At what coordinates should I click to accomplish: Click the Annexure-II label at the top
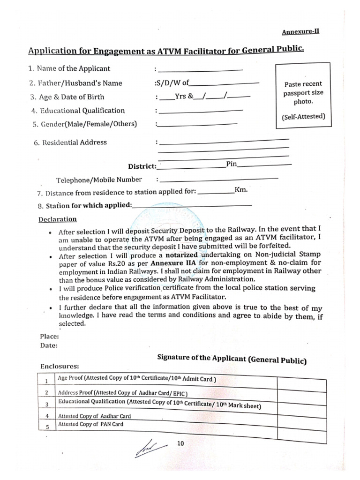click(x=300, y=32)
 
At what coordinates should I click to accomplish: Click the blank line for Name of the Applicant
click(x=200, y=69)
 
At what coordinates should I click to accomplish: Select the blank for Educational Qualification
click(x=200, y=111)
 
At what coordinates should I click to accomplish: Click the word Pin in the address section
click(x=232, y=165)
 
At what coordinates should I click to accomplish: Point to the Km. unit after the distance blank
click(x=241, y=191)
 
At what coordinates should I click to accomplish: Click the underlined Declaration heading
click(x=58, y=219)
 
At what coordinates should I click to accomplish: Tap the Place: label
click(x=49, y=337)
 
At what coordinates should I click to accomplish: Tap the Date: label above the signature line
click(x=49, y=345)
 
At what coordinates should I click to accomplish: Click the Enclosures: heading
click(x=60, y=366)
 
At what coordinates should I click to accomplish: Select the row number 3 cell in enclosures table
click(x=46, y=404)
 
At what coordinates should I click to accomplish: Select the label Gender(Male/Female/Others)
click(x=84, y=124)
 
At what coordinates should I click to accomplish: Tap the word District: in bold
click(x=142, y=166)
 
